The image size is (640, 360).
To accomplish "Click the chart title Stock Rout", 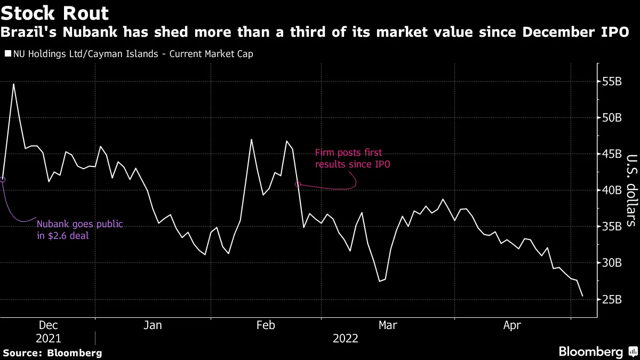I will coord(55,13).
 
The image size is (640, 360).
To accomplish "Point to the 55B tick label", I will coord(611,82).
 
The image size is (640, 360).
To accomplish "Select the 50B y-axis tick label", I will coord(611,118).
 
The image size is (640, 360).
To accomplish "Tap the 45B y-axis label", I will coord(611,154).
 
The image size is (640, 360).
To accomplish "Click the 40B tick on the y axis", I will coord(611,190).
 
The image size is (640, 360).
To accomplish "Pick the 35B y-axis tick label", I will coord(611,227).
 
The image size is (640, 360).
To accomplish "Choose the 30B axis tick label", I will coord(611,263).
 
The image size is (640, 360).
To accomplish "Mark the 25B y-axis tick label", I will coord(611,299).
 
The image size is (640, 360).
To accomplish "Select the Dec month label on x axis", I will coord(49,325).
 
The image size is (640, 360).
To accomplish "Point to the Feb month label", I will coord(266,325).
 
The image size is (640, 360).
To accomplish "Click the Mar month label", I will coord(387,325).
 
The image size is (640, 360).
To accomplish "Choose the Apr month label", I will coord(513,325).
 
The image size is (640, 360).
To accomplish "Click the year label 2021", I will coord(49,339).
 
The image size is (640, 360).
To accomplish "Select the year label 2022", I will coord(346,339).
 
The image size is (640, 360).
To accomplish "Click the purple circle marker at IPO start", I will coord(3,180).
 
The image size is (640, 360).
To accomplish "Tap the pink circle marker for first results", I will coord(298,184).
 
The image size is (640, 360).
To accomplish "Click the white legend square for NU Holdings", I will coord(6,53).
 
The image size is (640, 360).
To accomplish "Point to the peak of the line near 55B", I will coord(13,84).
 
